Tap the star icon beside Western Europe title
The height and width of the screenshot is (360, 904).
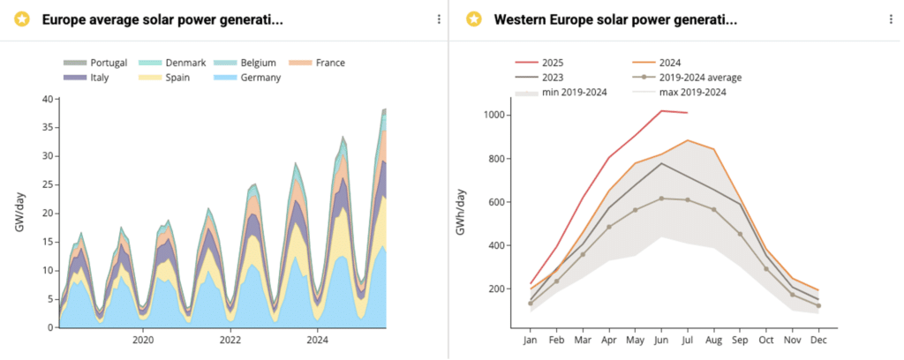(x=474, y=19)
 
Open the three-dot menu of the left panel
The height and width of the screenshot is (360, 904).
(x=439, y=19)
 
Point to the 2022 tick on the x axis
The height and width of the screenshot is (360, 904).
(x=230, y=340)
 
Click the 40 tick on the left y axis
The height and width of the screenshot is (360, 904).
(x=47, y=99)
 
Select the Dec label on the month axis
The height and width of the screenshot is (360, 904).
(x=818, y=340)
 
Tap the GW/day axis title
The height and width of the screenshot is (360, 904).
(x=19, y=213)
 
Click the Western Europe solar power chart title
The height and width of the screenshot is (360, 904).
(x=614, y=19)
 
